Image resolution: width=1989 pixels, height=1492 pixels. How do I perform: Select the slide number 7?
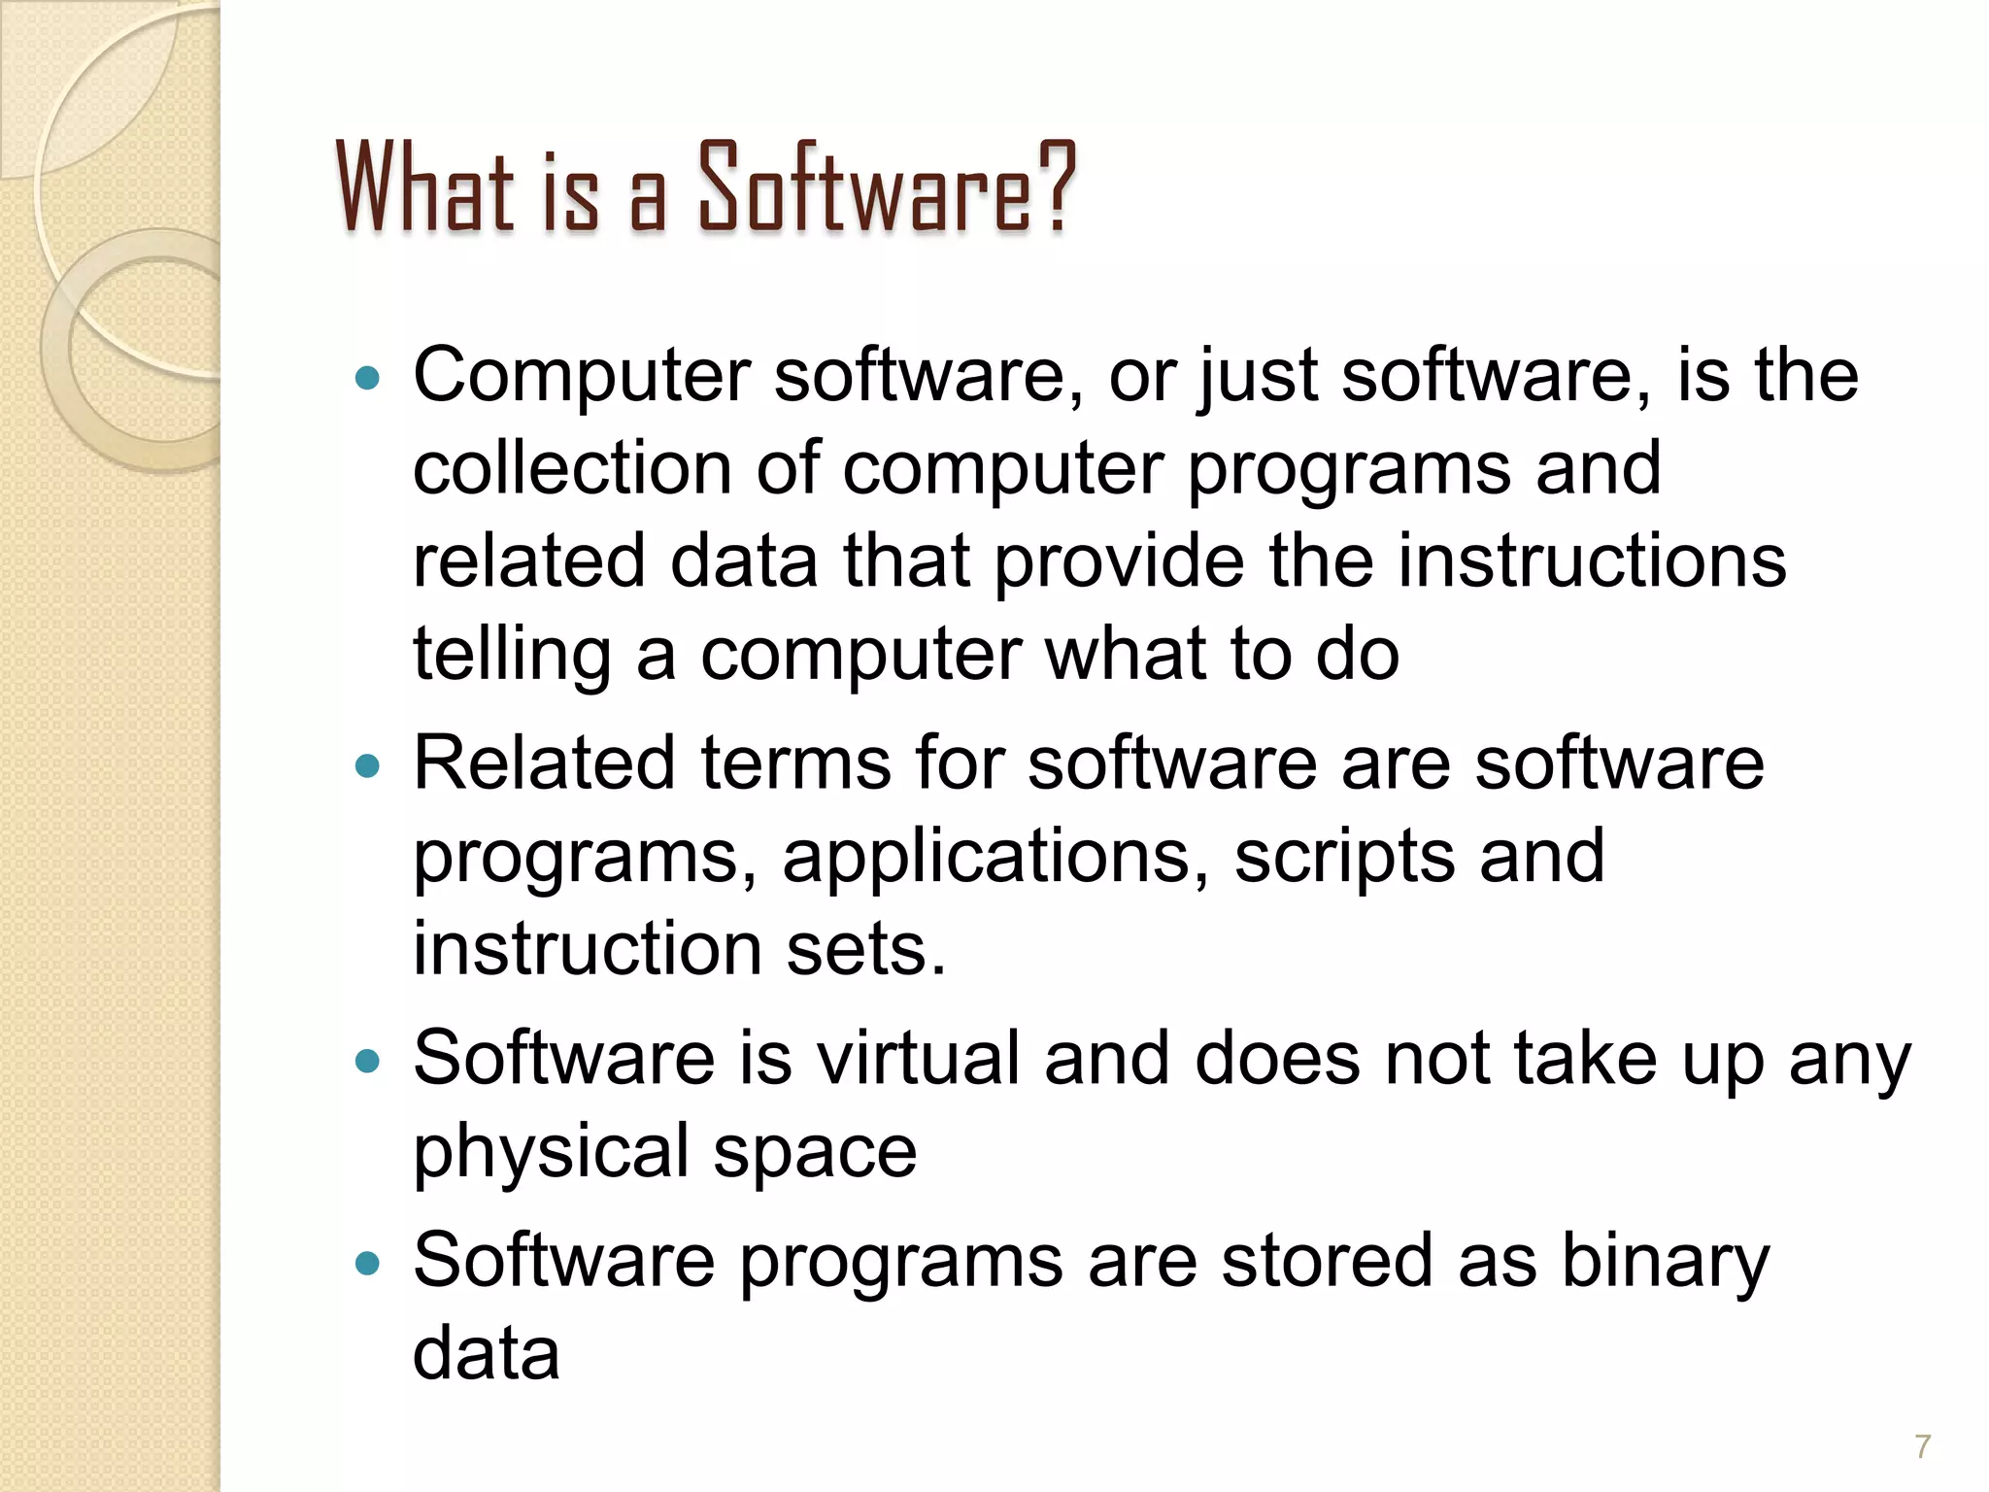tap(1922, 1446)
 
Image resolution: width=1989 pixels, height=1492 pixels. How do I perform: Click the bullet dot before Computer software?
tap(367, 378)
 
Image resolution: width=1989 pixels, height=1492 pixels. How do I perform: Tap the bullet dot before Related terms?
tap(367, 766)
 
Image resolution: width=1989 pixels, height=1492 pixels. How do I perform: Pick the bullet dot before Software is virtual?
tap(367, 1061)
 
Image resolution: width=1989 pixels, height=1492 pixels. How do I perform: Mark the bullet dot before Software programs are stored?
tap(367, 1264)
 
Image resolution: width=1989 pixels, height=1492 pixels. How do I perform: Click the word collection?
tap(572, 468)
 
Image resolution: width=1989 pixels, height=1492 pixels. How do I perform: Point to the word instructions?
tap(1592, 560)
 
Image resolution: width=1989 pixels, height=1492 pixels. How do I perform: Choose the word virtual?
tap(917, 1058)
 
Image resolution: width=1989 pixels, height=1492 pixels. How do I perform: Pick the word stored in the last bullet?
tap(1327, 1261)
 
